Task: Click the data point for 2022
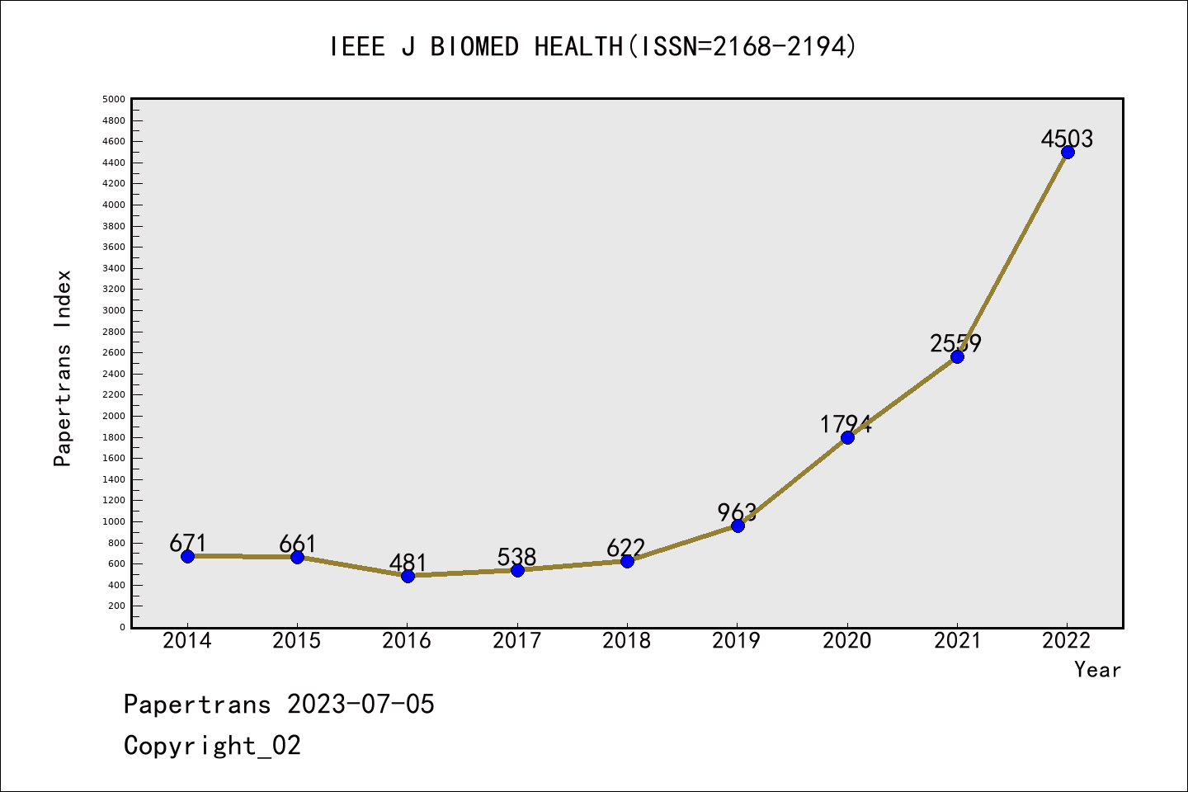1068,152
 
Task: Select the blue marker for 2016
408,576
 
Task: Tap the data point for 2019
738,526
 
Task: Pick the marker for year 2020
847,437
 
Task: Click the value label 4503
1067,139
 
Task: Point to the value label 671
187,543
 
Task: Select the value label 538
516,557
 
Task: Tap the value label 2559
955,342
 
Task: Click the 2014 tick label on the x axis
187,641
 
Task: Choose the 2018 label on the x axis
627,641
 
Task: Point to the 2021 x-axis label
957,641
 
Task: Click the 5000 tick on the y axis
114,100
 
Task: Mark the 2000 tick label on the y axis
114,416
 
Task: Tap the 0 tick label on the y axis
122,627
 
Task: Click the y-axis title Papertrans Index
63,368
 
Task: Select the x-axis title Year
1097,670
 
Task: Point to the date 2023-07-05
361,705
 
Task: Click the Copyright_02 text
212,746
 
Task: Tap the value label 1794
846,424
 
